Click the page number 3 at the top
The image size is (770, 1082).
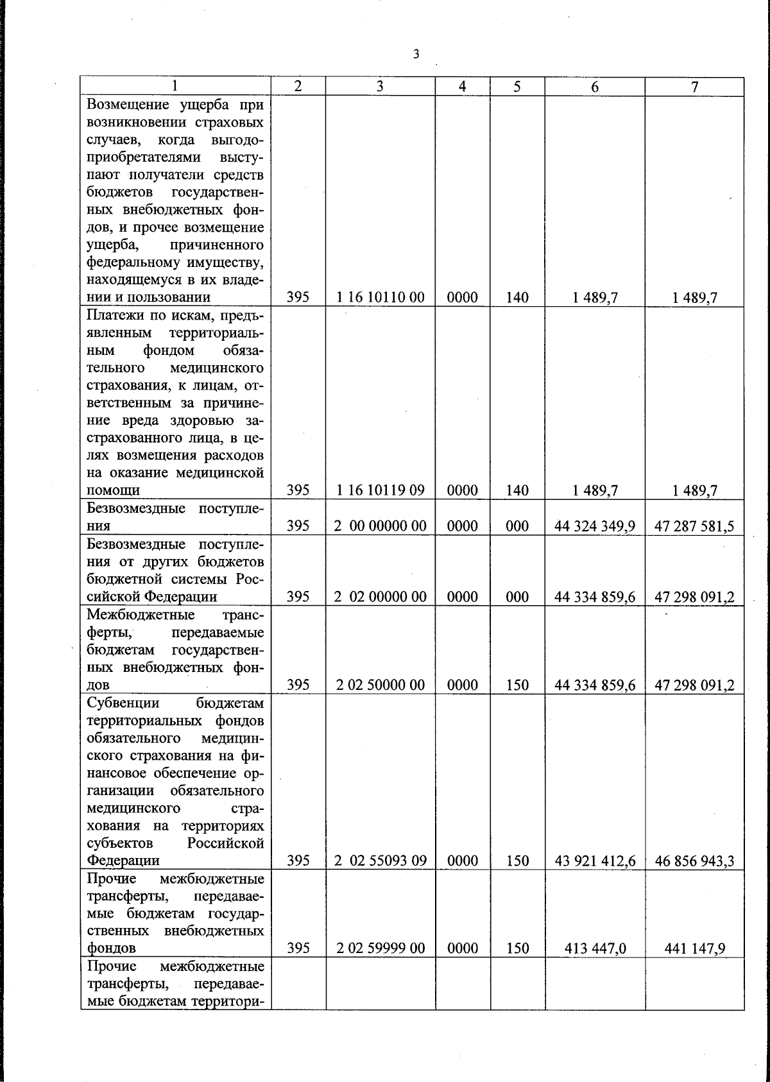pyautogui.click(x=416, y=55)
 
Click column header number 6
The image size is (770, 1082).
pyautogui.click(x=594, y=87)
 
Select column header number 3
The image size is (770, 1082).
pyautogui.click(x=380, y=87)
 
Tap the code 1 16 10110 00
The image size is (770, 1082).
pyautogui.click(x=380, y=297)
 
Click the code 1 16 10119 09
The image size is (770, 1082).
pyautogui.click(x=380, y=490)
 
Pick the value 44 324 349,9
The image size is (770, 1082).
pyautogui.click(x=594, y=526)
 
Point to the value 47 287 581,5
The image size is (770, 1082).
pyautogui.click(x=694, y=526)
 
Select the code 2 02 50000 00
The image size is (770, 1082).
pyautogui.click(x=380, y=685)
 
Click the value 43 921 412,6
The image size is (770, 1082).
pyautogui.click(x=594, y=861)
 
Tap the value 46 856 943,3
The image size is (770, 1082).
pyautogui.click(x=694, y=861)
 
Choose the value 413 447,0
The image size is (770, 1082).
pyautogui.click(x=594, y=949)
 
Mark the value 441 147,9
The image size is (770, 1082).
pyautogui.click(x=694, y=949)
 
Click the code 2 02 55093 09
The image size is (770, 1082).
pyautogui.click(x=380, y=861)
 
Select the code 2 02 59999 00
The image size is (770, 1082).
pyautogui.click(x=380, y=949)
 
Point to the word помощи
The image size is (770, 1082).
pyautogui.click(x=112, y=491)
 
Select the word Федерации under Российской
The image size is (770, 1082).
pyautogui.click(x=123, y=861)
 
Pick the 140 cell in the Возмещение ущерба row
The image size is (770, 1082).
pyautogui.click(x=517, y=297)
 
